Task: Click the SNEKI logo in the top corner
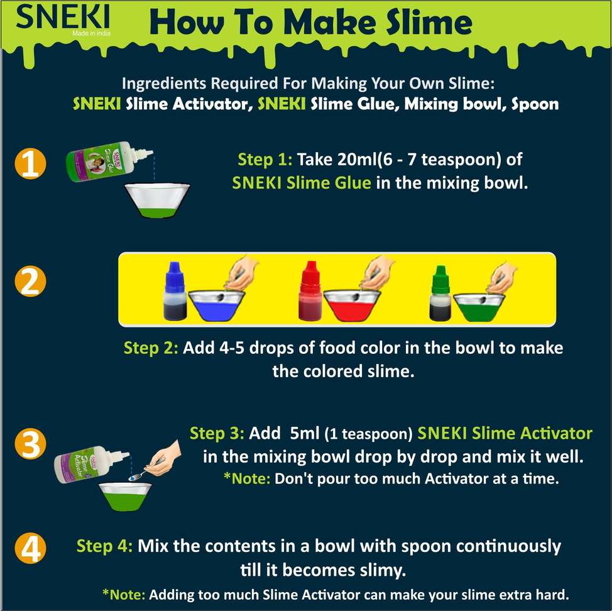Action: [63, 19]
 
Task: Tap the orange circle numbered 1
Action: [30, 163]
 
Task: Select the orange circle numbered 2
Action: [30, 281]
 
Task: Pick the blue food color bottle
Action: [175, 291]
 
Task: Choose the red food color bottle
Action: [310, 291]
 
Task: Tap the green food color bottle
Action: [440, 293]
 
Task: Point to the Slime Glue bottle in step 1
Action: [109, 161]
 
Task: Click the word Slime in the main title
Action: [429, 21]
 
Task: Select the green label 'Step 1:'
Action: [265, 159]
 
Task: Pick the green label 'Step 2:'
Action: [151, 348]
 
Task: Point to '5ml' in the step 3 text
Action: [305, 433]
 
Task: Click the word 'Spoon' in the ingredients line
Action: [535, 104]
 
